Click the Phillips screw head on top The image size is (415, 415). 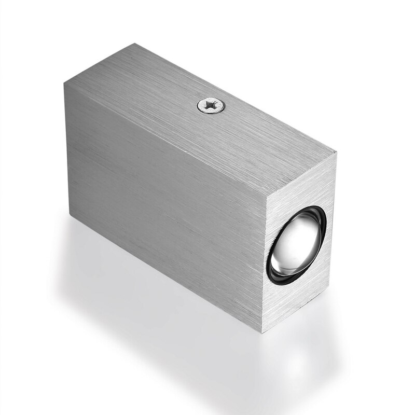212,106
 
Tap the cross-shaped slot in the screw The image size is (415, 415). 212,106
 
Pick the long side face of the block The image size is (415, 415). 166,208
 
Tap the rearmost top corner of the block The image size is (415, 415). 136,44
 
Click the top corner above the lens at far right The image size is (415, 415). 336,151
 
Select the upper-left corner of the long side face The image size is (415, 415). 64,84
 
